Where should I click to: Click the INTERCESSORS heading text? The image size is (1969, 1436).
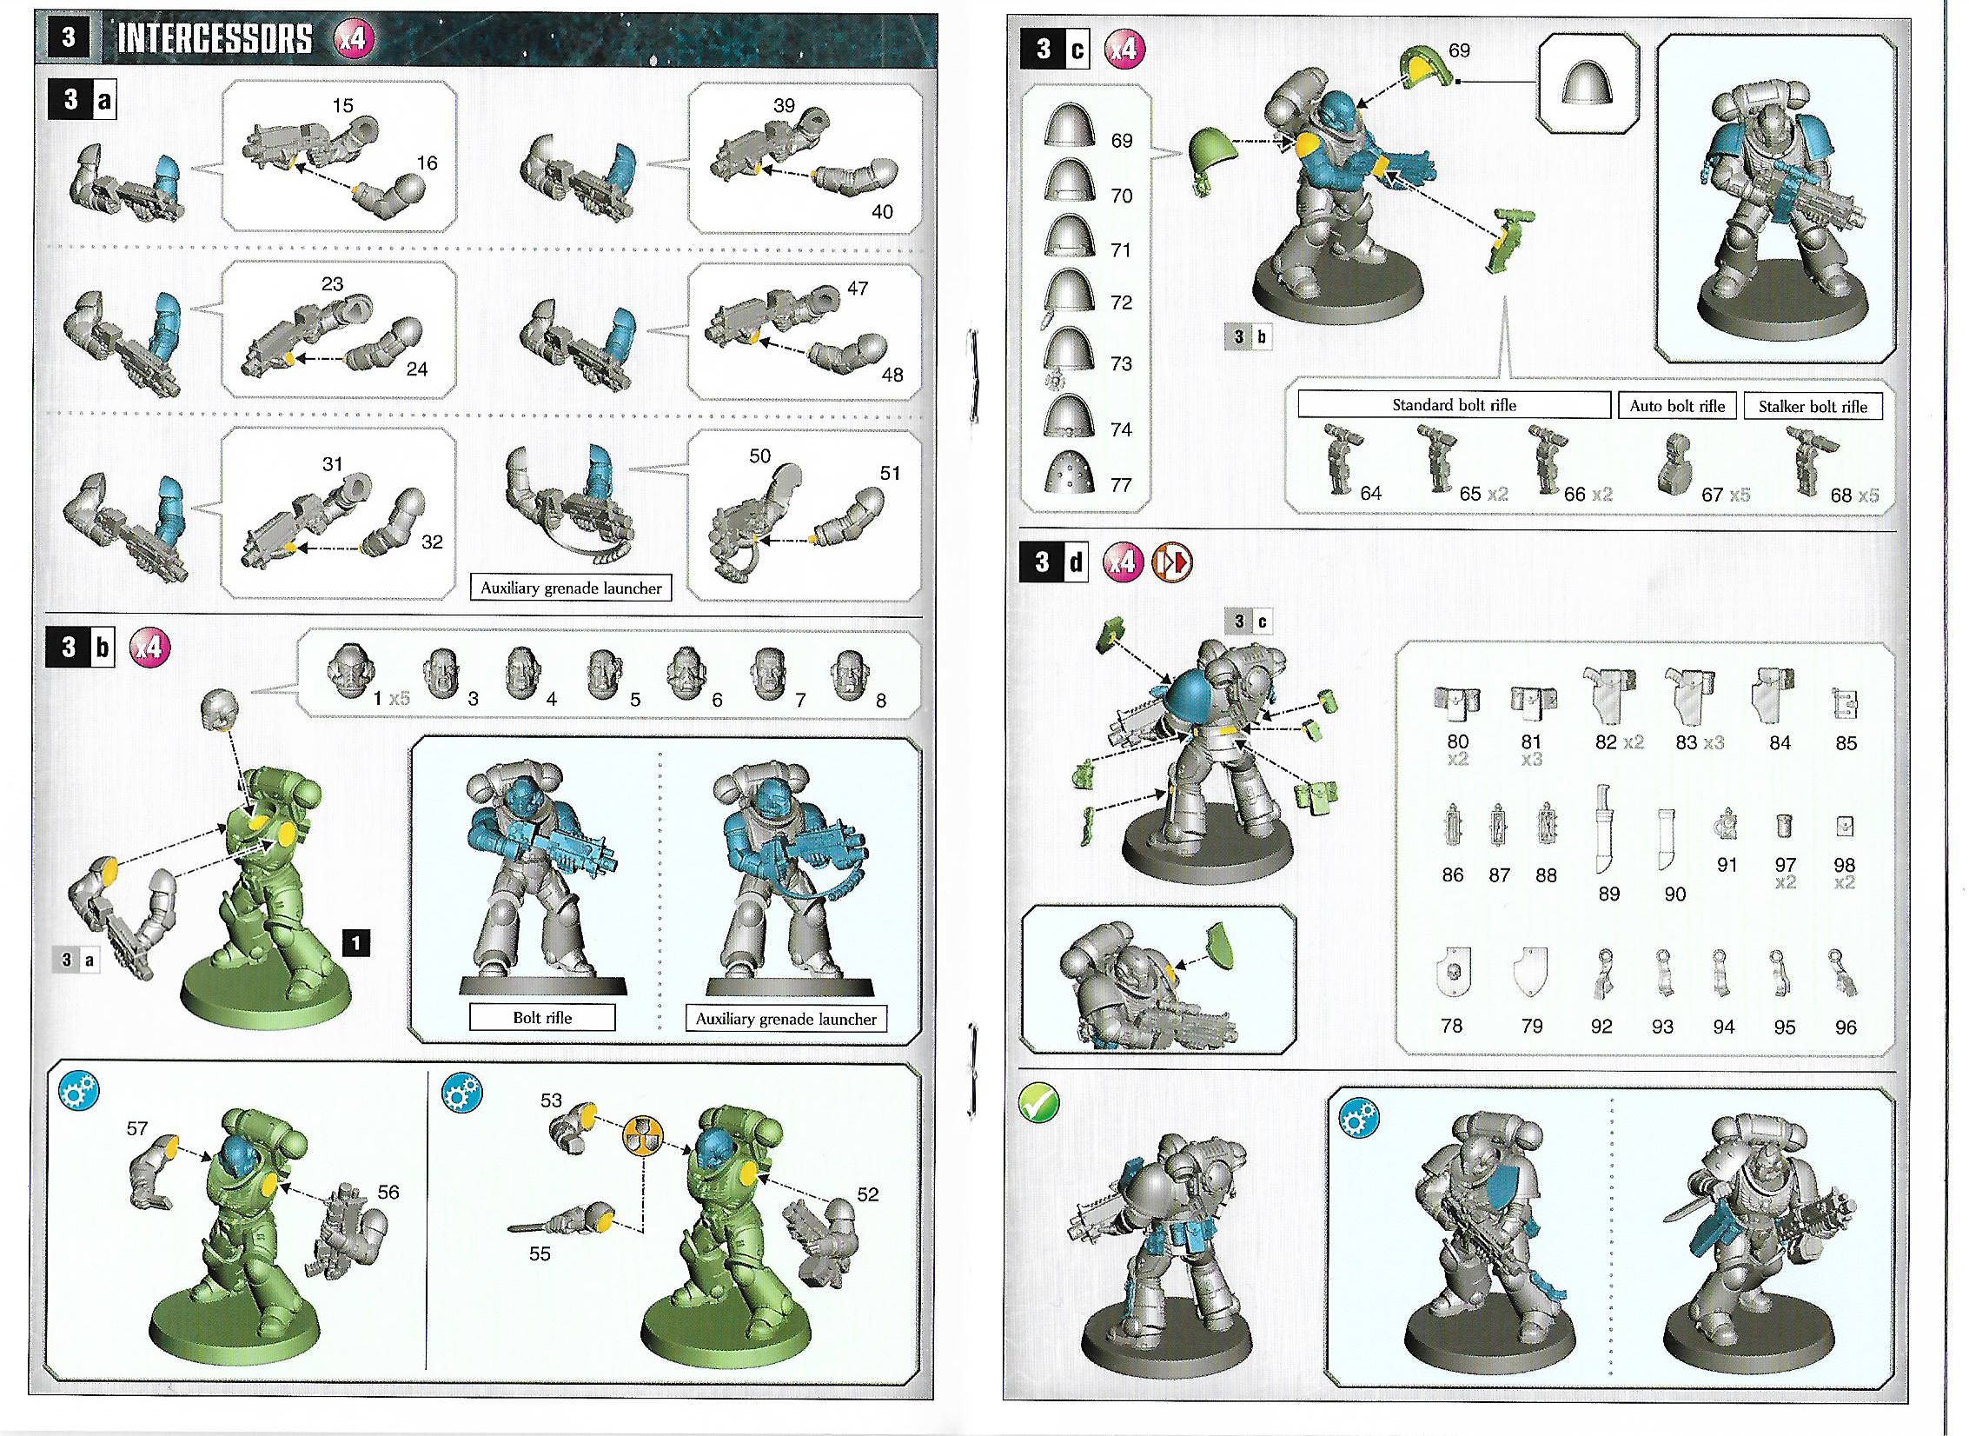(214, 38)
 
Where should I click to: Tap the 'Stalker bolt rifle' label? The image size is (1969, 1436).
(1813, 406)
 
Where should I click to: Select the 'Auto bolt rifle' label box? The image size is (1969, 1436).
(1677, 406)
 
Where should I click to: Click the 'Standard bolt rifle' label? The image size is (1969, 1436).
(1454, 405)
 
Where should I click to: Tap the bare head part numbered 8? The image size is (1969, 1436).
(847, 675)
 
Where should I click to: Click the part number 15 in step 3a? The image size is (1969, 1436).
(342, 105)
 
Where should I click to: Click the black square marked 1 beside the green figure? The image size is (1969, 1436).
(356, 942)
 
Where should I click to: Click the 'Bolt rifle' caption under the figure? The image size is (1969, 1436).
(542, 1018)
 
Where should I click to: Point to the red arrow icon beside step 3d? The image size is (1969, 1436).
(1172, 563)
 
